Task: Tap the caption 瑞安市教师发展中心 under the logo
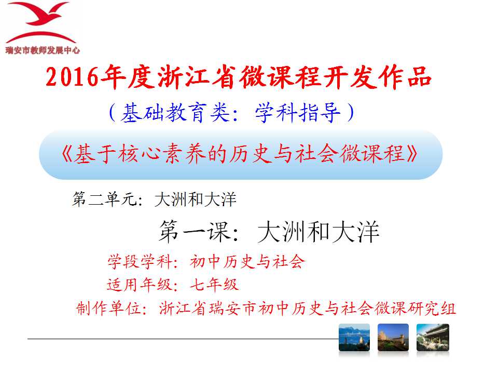point(43,50)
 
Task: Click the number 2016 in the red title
point(72,77)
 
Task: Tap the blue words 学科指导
point(298,112)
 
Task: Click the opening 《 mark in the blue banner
point(67,154)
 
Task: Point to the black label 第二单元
point(104,199)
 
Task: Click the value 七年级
point(214,284)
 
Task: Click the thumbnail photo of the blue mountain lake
point(354,338)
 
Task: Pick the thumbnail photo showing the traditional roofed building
point(433,338)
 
